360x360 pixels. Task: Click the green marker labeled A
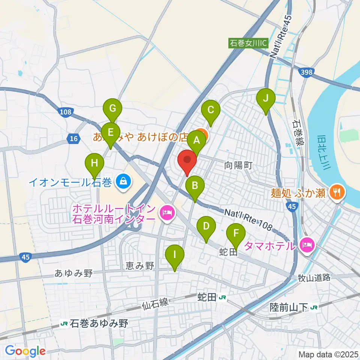coord(196,141)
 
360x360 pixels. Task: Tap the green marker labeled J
coord(266,99)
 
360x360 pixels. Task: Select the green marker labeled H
coord(94,164)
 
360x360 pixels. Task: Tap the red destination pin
coord(187,161)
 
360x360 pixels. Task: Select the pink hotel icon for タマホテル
coord(307,246)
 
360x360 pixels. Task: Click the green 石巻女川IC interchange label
coord(248,43)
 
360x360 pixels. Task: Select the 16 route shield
coord(73,139)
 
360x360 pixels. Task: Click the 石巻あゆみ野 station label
coord(94,323)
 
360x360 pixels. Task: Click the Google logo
coord(25,351)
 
